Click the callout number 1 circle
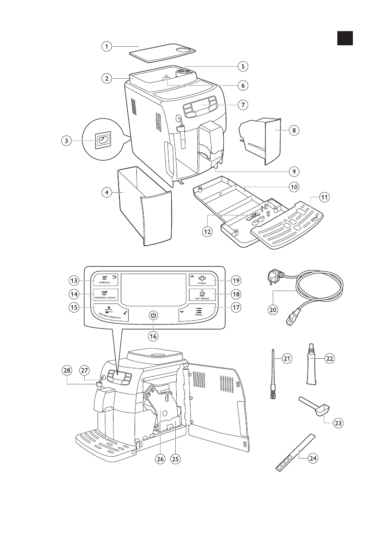tap(106, 46)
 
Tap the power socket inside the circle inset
tap(102, 141)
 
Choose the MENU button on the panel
tap(199, 312)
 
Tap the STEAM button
tap(201, 279)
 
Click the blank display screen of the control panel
tap(153, 290)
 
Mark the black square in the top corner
tap(346, 38)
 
